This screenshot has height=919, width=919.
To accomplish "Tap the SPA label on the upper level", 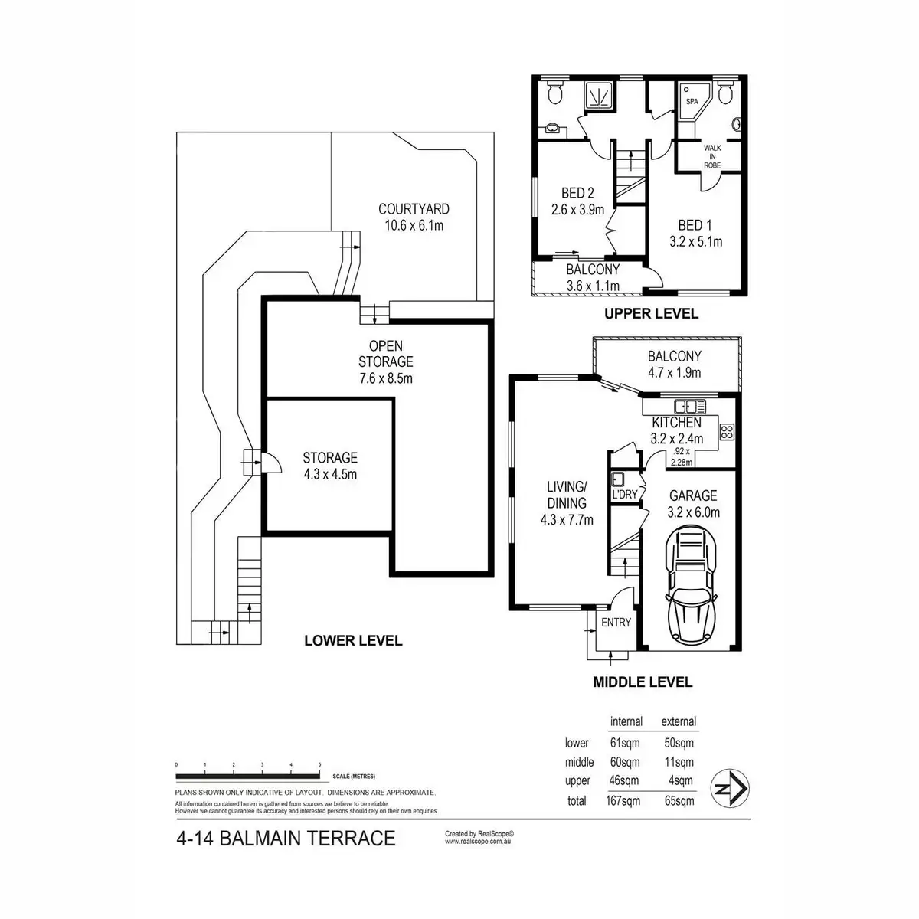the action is pos(692,101).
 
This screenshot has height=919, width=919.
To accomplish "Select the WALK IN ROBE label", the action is pos(713,156).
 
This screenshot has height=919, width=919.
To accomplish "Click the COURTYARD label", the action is pos(414,209).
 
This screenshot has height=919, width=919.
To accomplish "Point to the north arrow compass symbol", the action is pos(731,787).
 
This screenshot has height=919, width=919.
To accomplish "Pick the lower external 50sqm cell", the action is pos(678,743).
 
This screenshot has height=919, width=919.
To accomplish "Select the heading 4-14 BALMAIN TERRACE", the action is pos(286,839).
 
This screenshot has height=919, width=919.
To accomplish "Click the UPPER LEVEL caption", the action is pos(651,313).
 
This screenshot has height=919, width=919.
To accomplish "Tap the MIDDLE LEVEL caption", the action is pos(643,682).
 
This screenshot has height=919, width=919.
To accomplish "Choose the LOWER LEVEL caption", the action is pos(353,640).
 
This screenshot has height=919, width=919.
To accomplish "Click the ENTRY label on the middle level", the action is pos(616,623).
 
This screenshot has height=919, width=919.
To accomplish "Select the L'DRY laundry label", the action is pos(625,495).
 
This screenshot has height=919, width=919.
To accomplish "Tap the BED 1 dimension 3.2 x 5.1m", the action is pos(695,242).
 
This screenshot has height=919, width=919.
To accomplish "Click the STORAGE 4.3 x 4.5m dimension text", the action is pos(330,474).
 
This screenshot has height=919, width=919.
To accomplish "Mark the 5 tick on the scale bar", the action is pos(319,765).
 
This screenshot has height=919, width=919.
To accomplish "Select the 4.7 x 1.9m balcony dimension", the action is pos(674,373).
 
